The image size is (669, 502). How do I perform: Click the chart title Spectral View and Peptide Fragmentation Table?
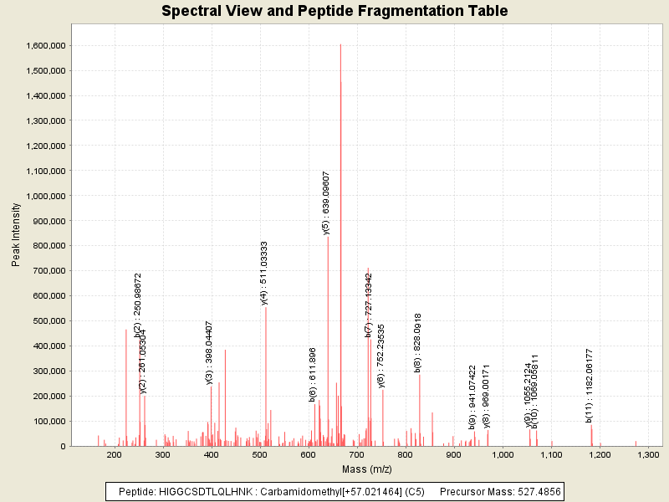pos(334,12)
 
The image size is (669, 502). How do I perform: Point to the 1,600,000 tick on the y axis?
pos(46,45)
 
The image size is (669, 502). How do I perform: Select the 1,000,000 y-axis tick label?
pos(46,196)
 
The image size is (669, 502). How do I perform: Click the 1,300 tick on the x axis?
pos(647,454)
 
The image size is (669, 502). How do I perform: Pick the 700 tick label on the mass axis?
pos(357,454)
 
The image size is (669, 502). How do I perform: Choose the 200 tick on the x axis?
pos(115,454)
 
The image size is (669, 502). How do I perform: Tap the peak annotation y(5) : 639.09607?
pos(327,202)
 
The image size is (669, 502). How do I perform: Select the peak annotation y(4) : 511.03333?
pos(264,273)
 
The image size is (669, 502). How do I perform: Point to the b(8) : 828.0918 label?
pos(418,342)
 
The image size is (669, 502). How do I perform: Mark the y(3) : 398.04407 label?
pos(210,352)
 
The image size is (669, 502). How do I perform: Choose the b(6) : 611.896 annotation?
pos(314,374)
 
